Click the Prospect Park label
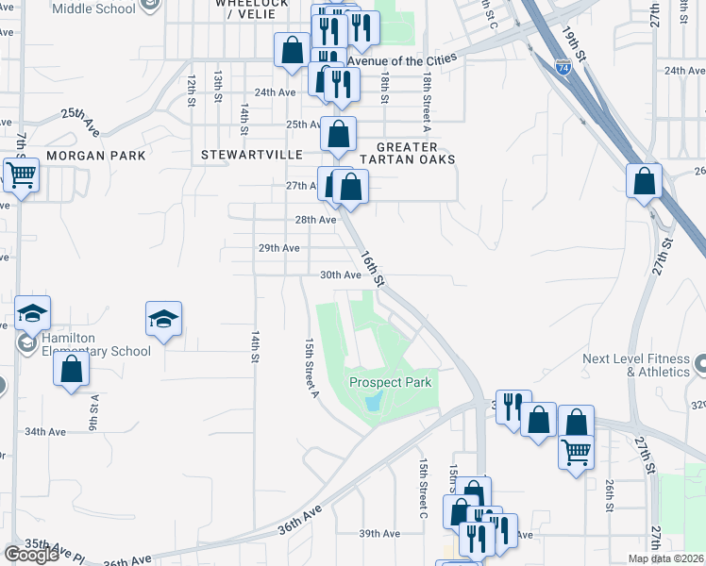(391, 382)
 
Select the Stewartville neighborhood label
(251, 154)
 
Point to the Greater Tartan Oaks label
(415, 153)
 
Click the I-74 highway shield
(563, 67)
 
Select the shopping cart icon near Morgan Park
(21, 175)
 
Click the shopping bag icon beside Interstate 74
(644, 181)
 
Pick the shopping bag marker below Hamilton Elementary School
(71, 369)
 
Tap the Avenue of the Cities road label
(402, 59)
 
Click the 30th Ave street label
(341, 275)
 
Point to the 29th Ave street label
(279, 248)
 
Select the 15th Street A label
(310, 369)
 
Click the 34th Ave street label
(44, 432)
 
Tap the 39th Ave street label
(378, 533)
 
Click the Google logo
(31, 555)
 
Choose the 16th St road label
(373, 268)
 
